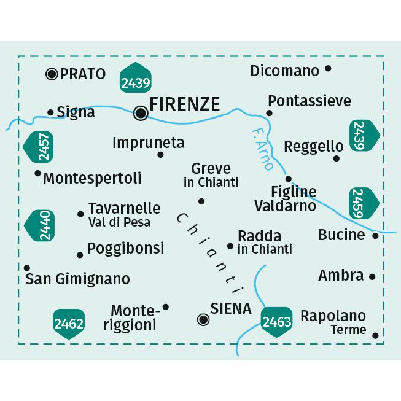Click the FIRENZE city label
[x=184, y=104]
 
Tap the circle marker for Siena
[x=203, y=319]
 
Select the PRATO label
[x=83, y=74]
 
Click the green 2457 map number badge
[x=39, y=146]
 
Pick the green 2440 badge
[x=40, y=225]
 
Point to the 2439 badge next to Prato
[x=136, y=77]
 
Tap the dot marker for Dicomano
[x=328, y=69]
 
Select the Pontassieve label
[x=310, y=100]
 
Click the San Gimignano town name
[x=78, y=279]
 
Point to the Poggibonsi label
[x=125, y=248]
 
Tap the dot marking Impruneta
[x=161, y=155]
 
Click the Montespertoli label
[x=92, y=178]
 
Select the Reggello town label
[x=313, y=146]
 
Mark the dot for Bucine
[x=376, y=235]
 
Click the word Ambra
[x=340, y=276]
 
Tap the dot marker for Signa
[x=50, y=112]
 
